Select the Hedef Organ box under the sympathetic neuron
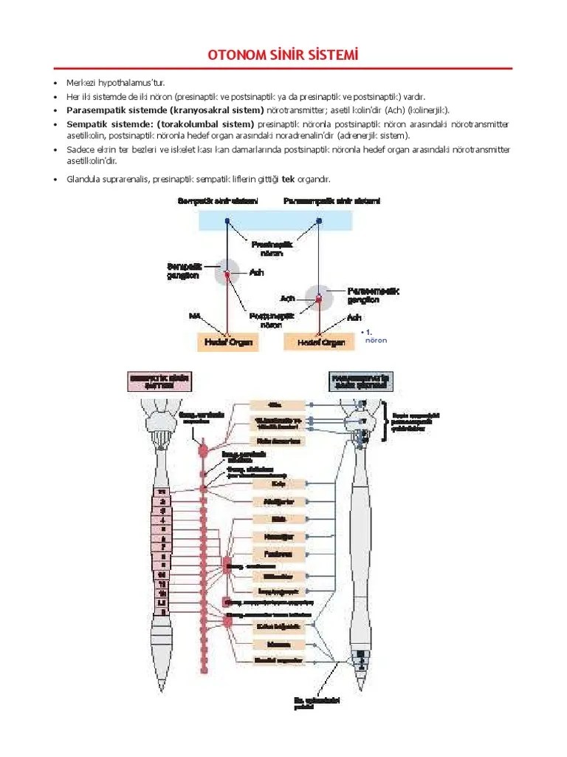228,342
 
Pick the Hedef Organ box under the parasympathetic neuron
321,342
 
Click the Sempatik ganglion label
182,271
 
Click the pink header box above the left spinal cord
159,381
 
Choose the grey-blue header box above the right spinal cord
361,381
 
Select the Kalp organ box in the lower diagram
278,485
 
